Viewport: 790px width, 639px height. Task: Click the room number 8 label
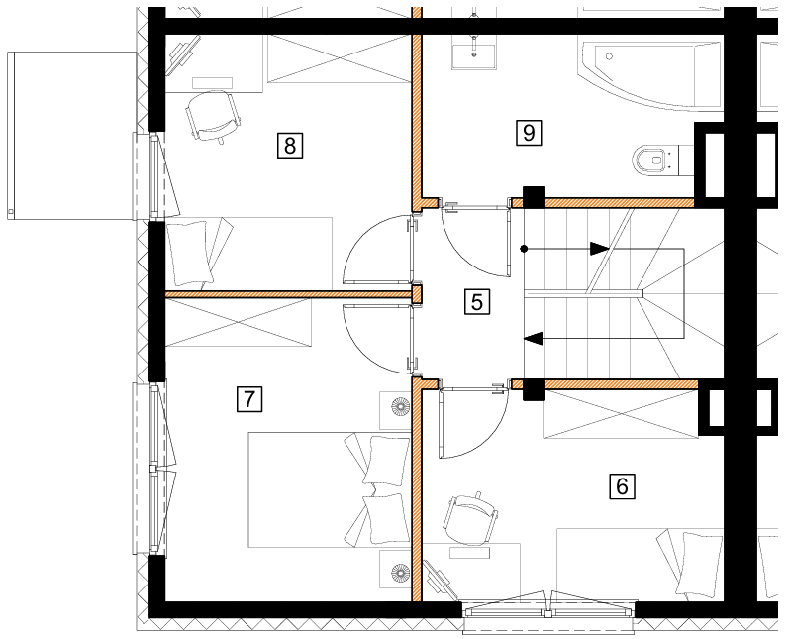click(290, 146)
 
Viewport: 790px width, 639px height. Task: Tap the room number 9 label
click(529, 133)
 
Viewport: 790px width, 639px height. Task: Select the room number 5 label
click(476, 301)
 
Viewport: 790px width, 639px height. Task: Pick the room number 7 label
click(249, 399)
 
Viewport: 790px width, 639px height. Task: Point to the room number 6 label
click(623, 486)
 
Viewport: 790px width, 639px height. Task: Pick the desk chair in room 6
click(470, 519)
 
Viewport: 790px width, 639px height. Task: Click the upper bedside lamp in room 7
click(401, 406)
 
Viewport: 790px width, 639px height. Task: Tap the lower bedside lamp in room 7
click(401, 573)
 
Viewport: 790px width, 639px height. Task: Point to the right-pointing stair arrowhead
click(600, 248)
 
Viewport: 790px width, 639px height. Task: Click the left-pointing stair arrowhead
click(533, 338)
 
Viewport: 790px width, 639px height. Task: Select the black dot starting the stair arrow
click(524, 248)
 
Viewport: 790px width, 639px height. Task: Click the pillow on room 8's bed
click(188, 254)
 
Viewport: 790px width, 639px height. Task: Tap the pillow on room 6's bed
click(697, 564)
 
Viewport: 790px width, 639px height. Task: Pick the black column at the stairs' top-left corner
click(534, 197)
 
